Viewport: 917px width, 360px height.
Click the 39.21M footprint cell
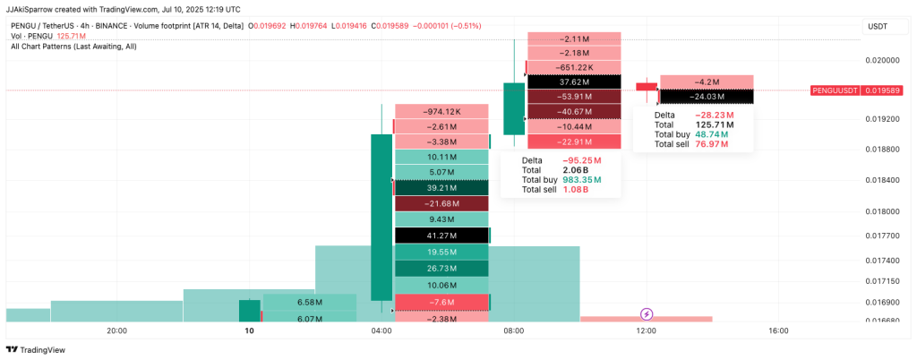pyautogui.click(x=441, y=188)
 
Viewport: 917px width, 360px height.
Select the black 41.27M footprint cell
pyautogui.click(x=441, y=236)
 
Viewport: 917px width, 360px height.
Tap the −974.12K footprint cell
pyautogui.click(x=441, y=112)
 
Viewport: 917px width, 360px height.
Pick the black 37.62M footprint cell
pyautogui.click(x=574, y=81)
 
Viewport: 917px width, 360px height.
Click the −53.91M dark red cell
pyautogui.click(x=574, y=97)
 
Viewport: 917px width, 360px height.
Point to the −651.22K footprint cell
pyautogui.click(x=574, y=67)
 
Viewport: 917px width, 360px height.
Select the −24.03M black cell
pyautogui.click(x=707, y=97)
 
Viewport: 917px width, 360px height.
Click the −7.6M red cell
pyautogui.click(x=441, y=303)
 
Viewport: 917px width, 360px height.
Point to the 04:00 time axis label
pyautogui.click(x=381, y=331)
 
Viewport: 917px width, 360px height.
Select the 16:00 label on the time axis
pyautogui.click(x=778, y=331)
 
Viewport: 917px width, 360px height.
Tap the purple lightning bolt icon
pyautogui.click(x=647, y=314)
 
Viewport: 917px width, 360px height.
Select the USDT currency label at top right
pyautogui.click(x=878, y=27)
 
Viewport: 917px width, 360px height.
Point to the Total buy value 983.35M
pyautogui.click(x=582, y=180)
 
